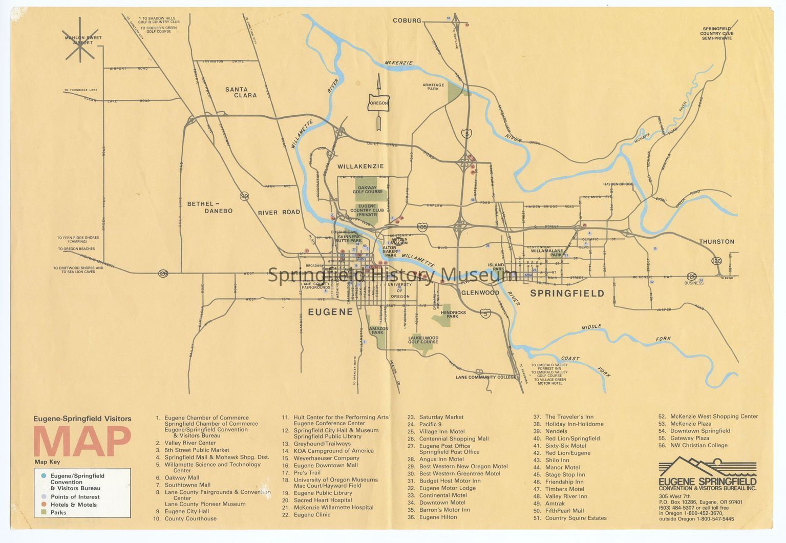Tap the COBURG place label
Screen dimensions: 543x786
pos(407,20)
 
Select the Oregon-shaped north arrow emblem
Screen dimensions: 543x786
pos(379,102)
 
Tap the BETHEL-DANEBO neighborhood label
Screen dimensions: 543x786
pos(210,207)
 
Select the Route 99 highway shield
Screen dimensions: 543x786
pos(244,196)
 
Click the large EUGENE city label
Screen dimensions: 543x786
pos(330,311)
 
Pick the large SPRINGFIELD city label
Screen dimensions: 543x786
pos(567,294)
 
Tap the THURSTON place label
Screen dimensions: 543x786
pos(716,241)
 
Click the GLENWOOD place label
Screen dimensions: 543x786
pos(480,293)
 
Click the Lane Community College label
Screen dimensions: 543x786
pos(486,377)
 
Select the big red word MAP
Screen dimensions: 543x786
pos(82,442)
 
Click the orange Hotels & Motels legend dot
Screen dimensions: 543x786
pos(44,505)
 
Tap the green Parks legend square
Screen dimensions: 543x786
pos(44,512)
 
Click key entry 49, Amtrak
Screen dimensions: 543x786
pos(555,504)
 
